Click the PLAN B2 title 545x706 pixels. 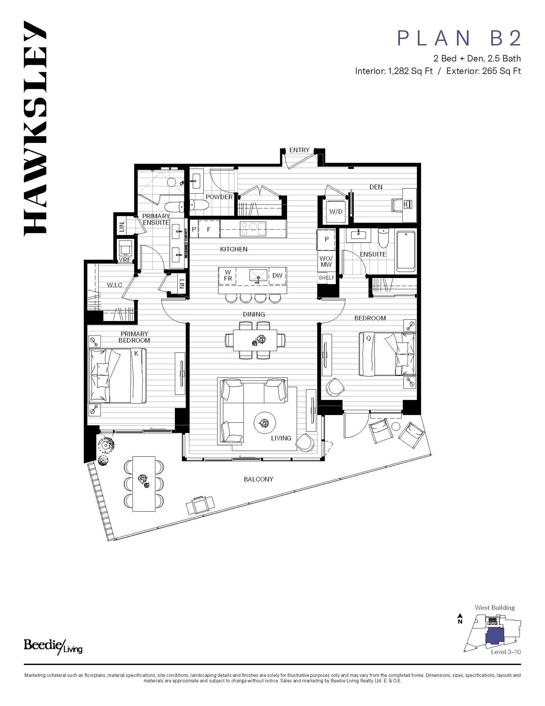coord(459,38)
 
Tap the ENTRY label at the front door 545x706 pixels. coord(299,150)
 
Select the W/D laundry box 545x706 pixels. coord(336,212)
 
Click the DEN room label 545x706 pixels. coord(376,187)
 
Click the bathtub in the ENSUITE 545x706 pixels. coord(405,251)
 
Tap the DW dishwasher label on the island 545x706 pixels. coord(277,275)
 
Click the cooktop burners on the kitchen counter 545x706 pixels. coord(253,229)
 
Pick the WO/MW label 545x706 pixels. coord(326,261)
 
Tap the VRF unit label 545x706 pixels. coord(125,260)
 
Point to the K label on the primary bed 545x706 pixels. coord(136,354)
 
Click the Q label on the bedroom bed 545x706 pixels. coord(368,338)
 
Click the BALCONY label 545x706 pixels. coord(258,479)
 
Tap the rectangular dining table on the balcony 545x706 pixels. coord(144,484)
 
